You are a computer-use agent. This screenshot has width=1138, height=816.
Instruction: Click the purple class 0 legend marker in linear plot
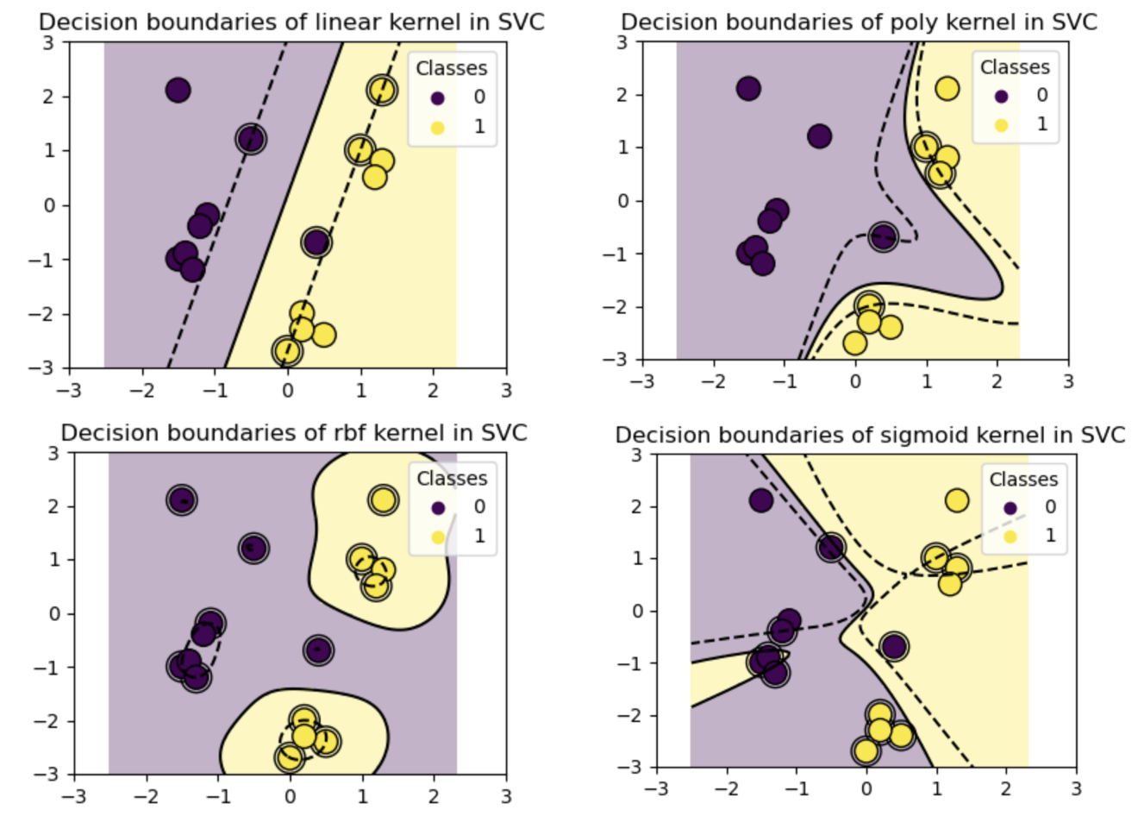pos(437,97)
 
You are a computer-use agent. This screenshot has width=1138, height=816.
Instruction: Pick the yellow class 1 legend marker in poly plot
pos(1001,124)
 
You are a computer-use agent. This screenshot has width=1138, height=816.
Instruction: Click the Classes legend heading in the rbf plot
pos(452,478)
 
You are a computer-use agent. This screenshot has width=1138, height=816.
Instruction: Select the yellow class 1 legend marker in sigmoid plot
pos(1010,536)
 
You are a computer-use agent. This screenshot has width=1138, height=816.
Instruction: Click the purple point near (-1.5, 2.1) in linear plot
pos(178,90)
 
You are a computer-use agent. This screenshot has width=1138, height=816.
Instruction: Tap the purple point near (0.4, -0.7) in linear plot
pos(316,242)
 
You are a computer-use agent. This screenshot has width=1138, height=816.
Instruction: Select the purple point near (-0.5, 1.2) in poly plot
pos(819,135)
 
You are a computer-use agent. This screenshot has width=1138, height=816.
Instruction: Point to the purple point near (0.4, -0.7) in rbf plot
pos(318,650)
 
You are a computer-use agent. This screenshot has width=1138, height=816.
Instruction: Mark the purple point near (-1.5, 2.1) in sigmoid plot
pos(760,500)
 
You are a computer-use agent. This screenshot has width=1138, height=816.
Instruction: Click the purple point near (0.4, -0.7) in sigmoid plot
pos(894,647)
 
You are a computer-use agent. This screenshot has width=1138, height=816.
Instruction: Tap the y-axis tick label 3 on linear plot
pos(51,42)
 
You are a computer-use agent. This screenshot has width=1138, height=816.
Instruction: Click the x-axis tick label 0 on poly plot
pos(854,380)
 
